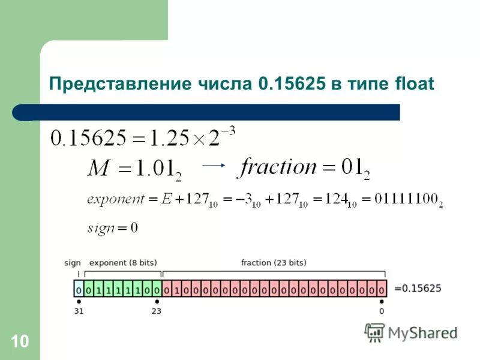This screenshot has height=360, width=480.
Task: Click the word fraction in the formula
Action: click(277, 167)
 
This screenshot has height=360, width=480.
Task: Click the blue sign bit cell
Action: click(79, 289)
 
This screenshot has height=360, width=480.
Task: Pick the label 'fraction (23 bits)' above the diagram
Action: click(273, 263)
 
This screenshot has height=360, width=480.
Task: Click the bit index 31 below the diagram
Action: click(79, 311)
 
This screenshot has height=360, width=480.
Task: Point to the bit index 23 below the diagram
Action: click(157, 311)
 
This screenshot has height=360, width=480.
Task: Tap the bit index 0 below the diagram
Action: click(382, 311)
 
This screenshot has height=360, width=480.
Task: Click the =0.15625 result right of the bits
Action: click(418, 289)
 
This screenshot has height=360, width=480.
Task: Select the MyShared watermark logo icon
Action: click(374, 331)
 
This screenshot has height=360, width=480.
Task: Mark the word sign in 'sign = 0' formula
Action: click(100, 227)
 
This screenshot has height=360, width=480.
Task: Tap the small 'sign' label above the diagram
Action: click(72, 263)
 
